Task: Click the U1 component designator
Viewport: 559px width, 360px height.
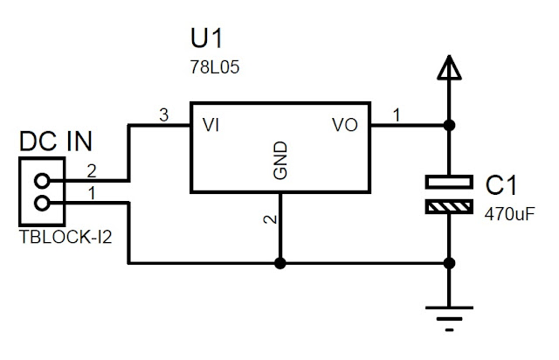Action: pos(208,40)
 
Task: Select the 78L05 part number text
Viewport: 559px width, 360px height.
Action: pos(211,66)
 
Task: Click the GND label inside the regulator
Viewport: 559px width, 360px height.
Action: pos(280,163)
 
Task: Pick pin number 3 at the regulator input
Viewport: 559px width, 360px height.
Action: pos(162,114)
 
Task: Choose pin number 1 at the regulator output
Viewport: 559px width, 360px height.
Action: pos(397,114)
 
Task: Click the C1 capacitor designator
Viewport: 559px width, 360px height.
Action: pos(501,184)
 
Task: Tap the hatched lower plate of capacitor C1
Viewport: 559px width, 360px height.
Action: pos(449,207)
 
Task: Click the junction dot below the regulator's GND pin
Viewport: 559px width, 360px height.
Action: pos(280,261)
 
